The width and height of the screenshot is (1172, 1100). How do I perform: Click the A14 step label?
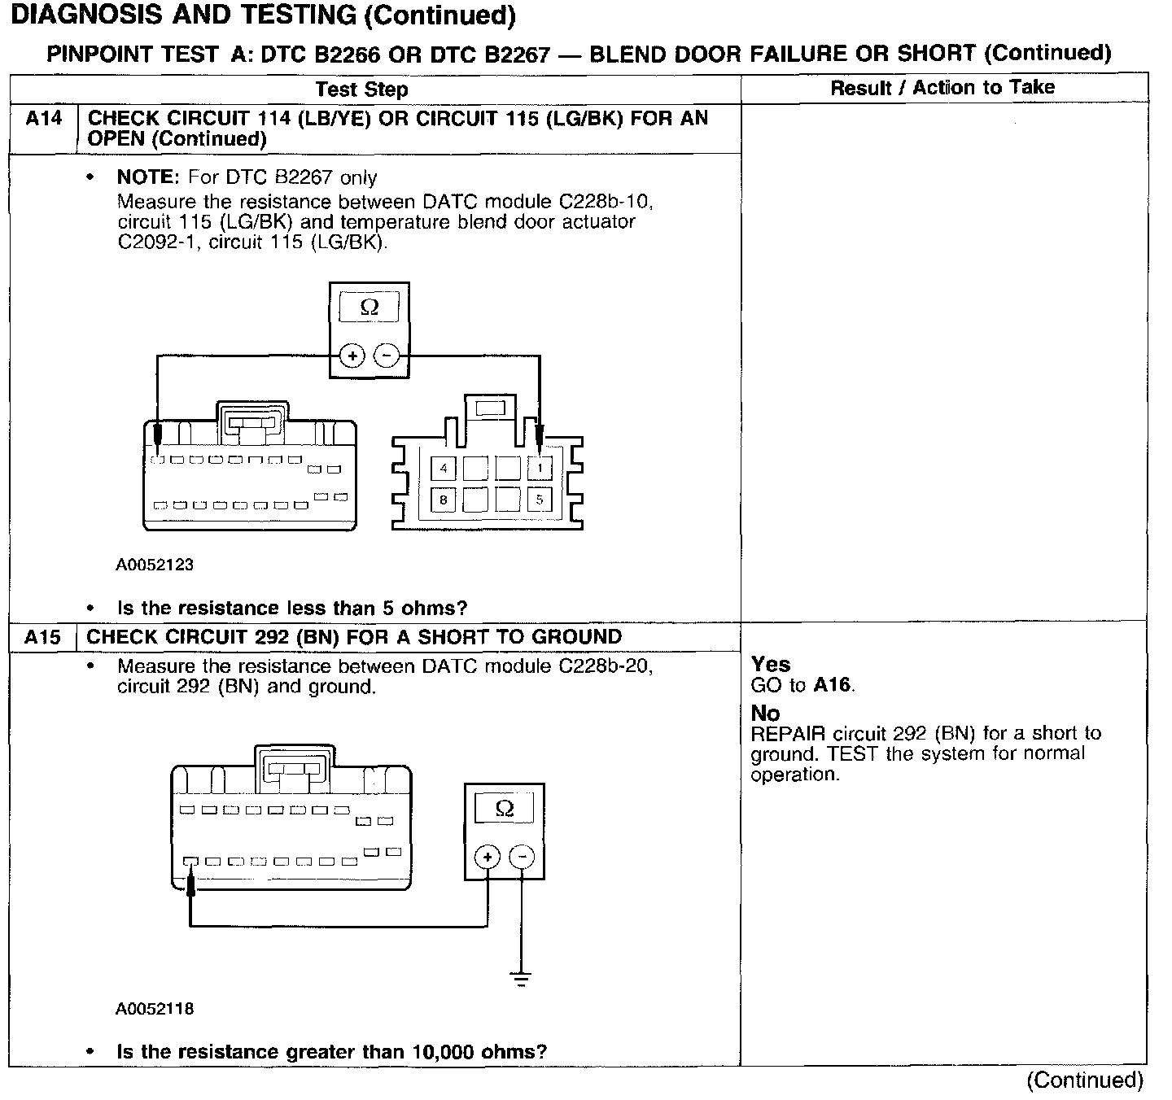(x=43, y=119)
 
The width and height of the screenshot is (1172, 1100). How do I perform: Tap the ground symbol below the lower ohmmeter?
(x=522, y=978)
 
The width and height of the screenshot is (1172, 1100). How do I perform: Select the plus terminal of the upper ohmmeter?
(x=352, y=356)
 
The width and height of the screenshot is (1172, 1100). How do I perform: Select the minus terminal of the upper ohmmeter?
(x=387, y=356)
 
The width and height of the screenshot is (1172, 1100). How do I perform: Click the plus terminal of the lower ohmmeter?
(x=487, y=857)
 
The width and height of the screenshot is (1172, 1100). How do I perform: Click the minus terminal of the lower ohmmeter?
(x=522, y=857)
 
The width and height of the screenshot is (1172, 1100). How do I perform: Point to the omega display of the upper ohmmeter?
(x=369, y=308)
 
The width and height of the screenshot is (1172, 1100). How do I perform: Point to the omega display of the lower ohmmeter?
(x=505, y=808)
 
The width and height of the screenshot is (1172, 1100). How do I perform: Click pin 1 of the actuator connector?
(x=540, y=468)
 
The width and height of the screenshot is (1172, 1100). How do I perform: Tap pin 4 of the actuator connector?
(x=444, y=468)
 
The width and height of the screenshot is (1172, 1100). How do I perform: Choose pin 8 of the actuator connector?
(x=444, y=500)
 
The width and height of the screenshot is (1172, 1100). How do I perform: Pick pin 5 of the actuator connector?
(x=540, y=500)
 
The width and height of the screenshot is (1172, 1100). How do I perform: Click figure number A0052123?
(x=155, y=565)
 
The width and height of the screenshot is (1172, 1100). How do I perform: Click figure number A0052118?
(x=155, y=1009)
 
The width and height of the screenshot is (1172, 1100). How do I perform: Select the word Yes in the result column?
(x=770, y=665)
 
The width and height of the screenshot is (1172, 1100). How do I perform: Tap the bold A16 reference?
(x=832, y=685)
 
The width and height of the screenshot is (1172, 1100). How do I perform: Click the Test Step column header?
(x=361, y=89)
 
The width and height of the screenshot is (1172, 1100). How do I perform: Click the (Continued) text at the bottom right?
(x=1084, y=1080)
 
